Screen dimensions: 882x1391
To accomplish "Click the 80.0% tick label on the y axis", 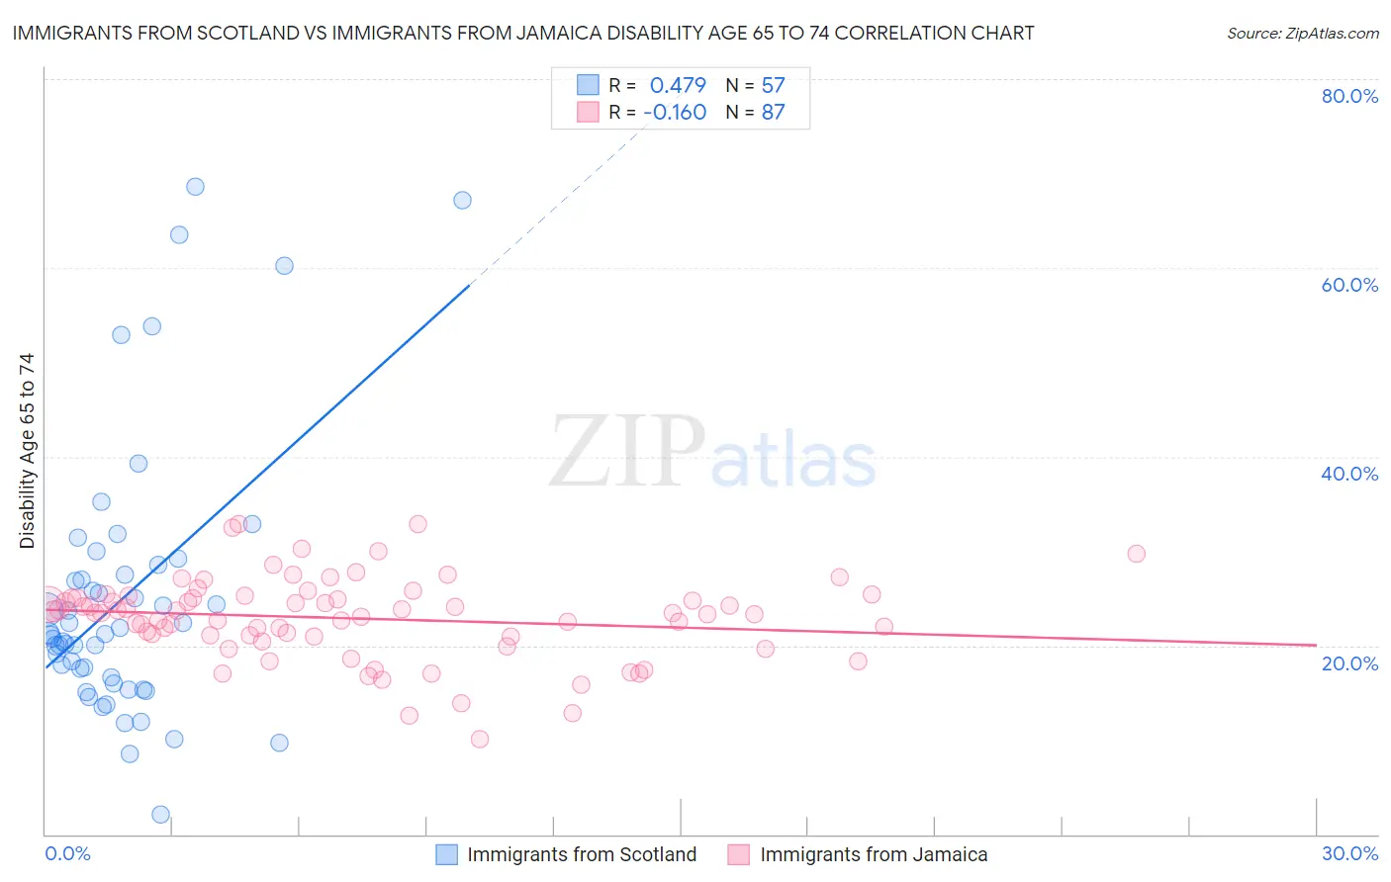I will tap(1349, 96).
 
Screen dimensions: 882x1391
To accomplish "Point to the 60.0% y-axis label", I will tap(1349, 285).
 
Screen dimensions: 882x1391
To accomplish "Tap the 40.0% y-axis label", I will tap(1349, 474).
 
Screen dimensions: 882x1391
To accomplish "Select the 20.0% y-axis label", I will tap(1349, 662).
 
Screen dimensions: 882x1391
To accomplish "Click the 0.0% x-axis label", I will tap(67, 853).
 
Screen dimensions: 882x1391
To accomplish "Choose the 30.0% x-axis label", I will tap(1349, 853).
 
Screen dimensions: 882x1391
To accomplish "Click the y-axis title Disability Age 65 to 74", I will tap(27, 450).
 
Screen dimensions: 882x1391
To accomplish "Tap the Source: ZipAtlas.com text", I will tap(1302, 34).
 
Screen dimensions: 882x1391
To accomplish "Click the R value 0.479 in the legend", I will tap(678, 85).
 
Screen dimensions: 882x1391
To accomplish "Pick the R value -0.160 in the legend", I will tap(675, 112).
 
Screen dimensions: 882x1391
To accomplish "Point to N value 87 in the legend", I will tap(773, 112).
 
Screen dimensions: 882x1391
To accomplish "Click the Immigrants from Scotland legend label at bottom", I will tap(582, 854).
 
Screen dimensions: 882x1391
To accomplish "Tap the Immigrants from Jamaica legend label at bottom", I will tap(874, 854).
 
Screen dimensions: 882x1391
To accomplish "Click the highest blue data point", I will tap(195, 187).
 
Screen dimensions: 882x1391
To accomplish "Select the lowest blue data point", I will tap(160, 815).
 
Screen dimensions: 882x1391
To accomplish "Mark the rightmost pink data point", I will tap(1136, 554).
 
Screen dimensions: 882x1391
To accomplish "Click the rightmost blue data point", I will tap(462, 200).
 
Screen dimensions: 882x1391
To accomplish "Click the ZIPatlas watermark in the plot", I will tap(712, 453).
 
